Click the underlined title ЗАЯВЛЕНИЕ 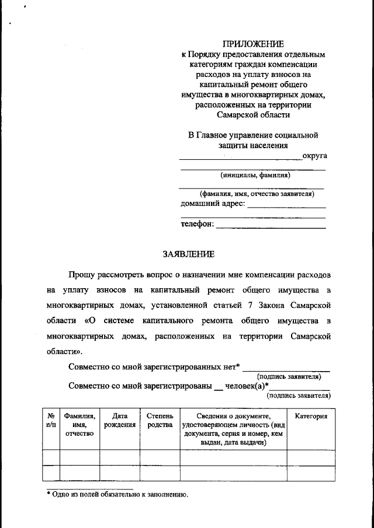pyautogui.click(x=188, y=254)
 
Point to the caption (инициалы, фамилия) pyautogui.click(x=255, y=174)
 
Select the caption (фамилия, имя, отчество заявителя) pyautogui.click(x=252, y=194)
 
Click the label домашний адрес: pyautogui.click(x=213, y=204)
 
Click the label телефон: pyautogui.click(x=197, y=223)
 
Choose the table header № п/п pyautogui.click(x=51, y=420)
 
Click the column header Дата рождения pyautogui.click(x=120, y=420)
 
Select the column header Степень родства pyautogui.click(x=160, y=420)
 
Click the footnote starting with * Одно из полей pyautogui.click(x=117, y=494)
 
